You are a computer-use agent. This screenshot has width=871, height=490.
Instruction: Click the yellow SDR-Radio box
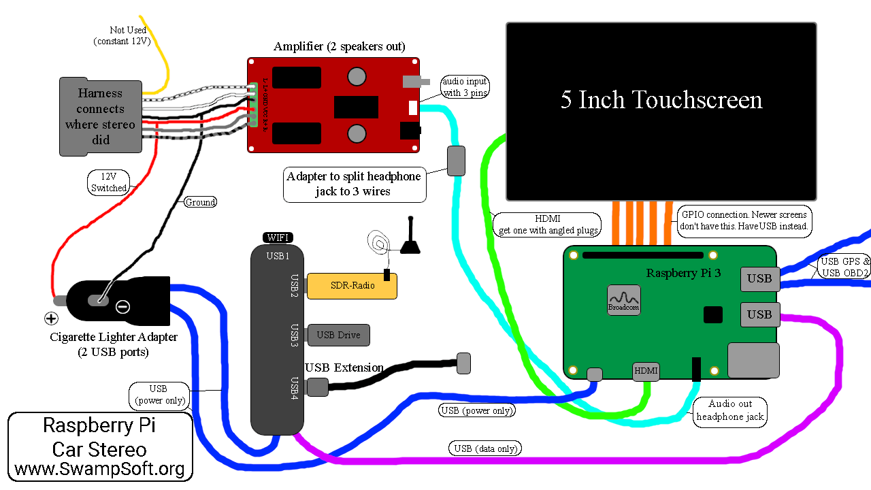pyautogui.click(x=352, y=286)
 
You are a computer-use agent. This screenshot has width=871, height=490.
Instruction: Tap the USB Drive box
pyautogui.click(x=338, y=335)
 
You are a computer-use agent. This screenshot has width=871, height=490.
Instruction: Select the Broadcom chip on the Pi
pyautogui.click(x=624, y=299)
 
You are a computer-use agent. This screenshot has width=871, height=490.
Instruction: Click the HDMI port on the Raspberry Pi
pyautogui.click(x=646, y=371)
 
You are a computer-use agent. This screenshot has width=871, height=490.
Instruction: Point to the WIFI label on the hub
pyautogui.click(x=278, y=238)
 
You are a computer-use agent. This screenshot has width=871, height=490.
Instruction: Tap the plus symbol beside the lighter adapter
pyautogui.click(x=50, y=318)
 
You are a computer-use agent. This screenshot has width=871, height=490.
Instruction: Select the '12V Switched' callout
pyautogui.click(x=109, y=182)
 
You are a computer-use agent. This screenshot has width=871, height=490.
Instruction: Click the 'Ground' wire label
pyautogui.click(x=200, y=202)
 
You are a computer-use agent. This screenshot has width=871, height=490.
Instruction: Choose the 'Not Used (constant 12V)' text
pyautogui.click(x=122, y=35)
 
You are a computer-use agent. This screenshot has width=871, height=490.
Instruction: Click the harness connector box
pyautogui.click(x=101, y=116)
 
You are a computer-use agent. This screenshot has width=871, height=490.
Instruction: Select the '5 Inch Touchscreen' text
pyautogui.click(x=661, y=100)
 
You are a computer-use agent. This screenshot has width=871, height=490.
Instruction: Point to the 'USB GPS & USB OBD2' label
pyautogui.click(x=844, y=267)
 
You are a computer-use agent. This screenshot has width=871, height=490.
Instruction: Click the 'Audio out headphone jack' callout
pyautogui.click(x=730, y=410)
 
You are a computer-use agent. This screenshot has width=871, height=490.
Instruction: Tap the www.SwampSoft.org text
pyautogui.click(x=99, y=470)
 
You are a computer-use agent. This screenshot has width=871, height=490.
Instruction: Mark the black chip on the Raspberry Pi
pyautogui.click(x=712, y=314)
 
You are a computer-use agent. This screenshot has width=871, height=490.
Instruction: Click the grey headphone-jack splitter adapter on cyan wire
pyautogui.click(x=456, y=161)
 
